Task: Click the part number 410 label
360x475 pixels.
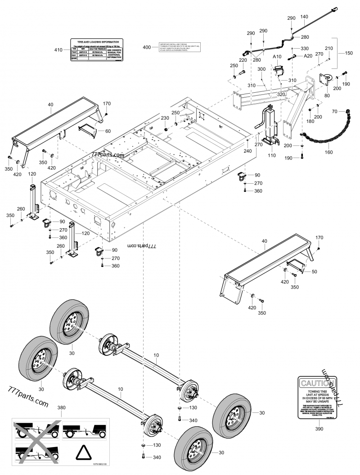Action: (58, 50)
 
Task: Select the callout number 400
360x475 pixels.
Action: (147, 47)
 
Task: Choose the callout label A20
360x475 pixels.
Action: (308, 56)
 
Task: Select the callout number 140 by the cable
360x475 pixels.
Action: (304, 17)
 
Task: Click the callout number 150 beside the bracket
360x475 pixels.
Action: (349, 53)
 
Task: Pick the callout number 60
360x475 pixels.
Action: (108, 131)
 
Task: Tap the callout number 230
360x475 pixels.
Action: (165, 118)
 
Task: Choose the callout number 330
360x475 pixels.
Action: (305, 48)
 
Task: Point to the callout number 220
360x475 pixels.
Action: (243, 60)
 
